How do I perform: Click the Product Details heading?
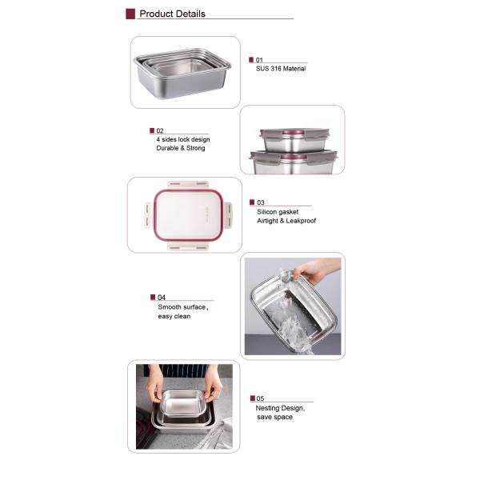(172, 14)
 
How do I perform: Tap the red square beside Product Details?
(130, 14)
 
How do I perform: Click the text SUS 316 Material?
(280, 69)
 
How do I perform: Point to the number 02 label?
(160, 130)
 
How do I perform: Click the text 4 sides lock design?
(183, 139)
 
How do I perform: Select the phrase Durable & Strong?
(181, 148)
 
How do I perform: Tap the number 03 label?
(261, 202)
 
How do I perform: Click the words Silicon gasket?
(276, 211)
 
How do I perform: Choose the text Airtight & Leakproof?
(286, 220)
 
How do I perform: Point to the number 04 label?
(161, 298)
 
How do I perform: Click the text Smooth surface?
(182, 307)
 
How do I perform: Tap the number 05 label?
(261, 398)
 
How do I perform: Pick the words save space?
(274, 417)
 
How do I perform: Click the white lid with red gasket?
(184, 214)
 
